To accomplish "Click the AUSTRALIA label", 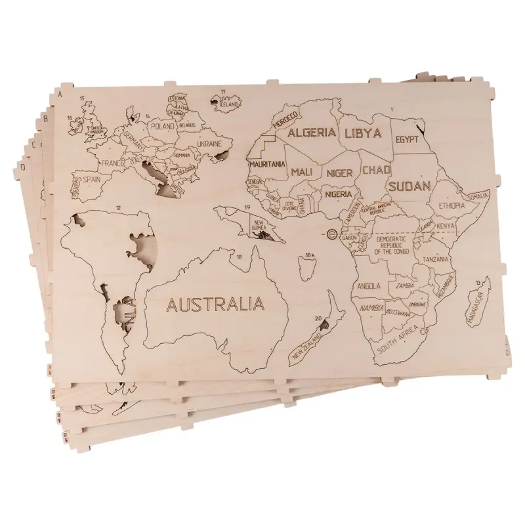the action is tap(215, 304).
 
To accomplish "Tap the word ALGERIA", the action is tap(312, 133).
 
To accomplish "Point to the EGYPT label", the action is tap(408, 140).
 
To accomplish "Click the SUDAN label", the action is tap(409, 186).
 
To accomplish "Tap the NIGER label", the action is tap(339, 173).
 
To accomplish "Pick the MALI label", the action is tap(301, 172).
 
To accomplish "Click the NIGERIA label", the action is tap(342, 195).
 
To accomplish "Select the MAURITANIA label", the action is tap(266, 164).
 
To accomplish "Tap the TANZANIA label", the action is tap(436, 260).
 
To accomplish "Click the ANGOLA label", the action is tap(369, 286).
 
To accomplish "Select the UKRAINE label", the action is tap(209, 144).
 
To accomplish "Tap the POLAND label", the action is tap(163, 126).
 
